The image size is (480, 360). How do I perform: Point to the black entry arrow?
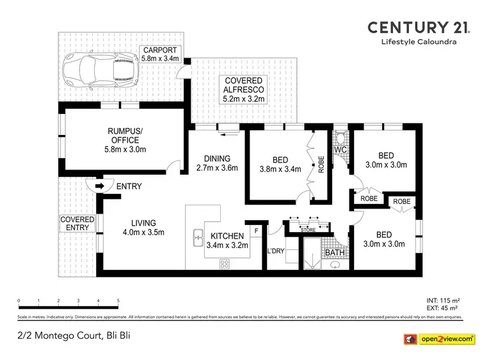[x=99, y=187]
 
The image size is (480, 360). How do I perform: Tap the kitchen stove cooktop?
[x=225, y=263]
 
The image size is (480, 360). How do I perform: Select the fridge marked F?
[x=257, y=230]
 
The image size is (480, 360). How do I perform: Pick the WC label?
[x=340, y=151]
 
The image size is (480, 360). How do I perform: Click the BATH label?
[x=333, y=253]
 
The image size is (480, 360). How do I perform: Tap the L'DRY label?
[x=276, y=250]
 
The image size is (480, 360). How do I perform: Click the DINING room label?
[x=217, y=159]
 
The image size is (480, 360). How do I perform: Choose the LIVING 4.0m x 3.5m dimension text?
[x=144, y=232]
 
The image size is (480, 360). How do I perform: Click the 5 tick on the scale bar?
[x=118, y=300]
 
